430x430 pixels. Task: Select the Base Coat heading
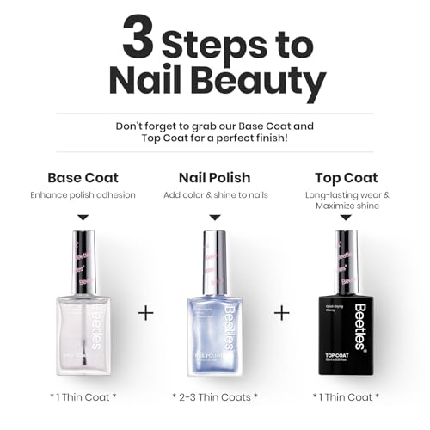[83, 178]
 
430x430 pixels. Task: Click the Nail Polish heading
[215, 178]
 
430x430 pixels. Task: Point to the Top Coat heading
[347, 178]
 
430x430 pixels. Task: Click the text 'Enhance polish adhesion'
[83, 195]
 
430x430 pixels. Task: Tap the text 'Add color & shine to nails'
[215, 195]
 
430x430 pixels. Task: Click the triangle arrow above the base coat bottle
[83, 218]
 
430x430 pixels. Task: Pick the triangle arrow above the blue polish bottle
[215, 218]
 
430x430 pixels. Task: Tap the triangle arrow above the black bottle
[347, 218]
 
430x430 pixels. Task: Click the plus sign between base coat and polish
[146, 313]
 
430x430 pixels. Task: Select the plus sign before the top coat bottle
[281, 313]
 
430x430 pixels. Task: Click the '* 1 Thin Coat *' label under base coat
[83, 396]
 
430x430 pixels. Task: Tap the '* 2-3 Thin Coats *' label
[215, 396]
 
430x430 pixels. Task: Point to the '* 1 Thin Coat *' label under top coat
[347, 396]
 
